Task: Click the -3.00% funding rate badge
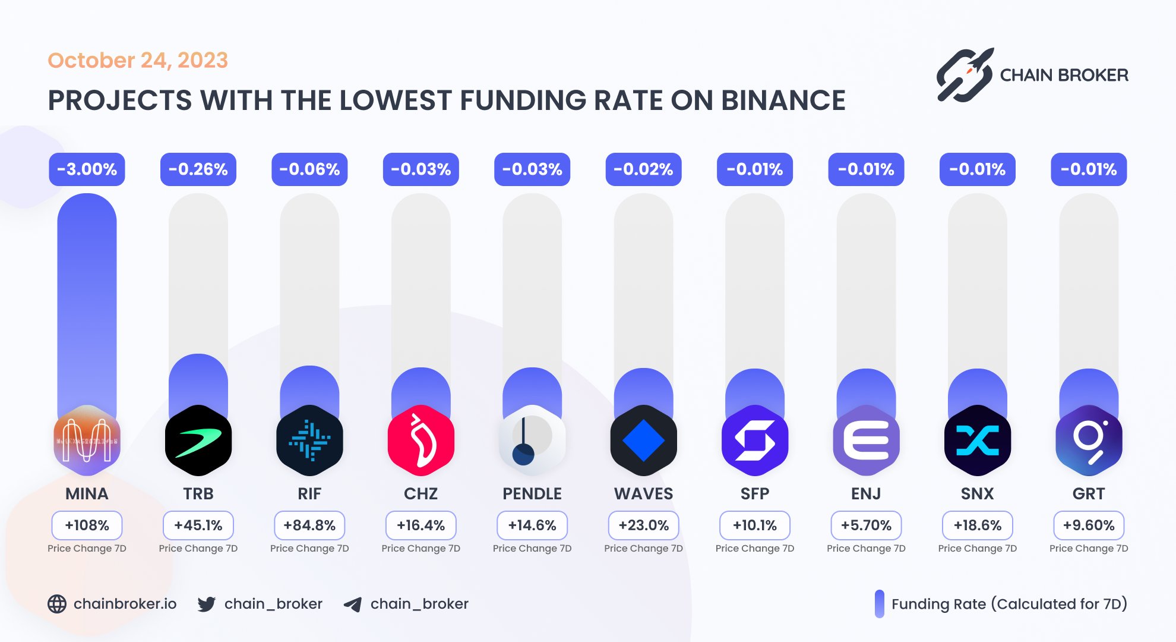(87, 169)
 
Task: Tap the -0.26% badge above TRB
(198, 169)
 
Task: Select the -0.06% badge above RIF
(309, 169)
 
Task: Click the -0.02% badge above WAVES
(643, 169)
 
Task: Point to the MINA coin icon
(87, 440)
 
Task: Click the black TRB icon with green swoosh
(198, 440)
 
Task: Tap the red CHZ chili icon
(421, 440)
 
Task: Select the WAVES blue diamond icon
(643, 440)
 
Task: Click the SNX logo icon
(977, 440)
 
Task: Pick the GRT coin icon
(1089, 440)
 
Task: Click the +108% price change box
(87, 525)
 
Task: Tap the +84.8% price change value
(309, 525)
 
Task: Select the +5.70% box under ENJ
(866, 525)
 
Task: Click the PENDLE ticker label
(532, 493)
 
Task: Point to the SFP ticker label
(755, 493)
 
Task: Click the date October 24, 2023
(138, 60)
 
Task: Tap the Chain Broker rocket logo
(965, 75)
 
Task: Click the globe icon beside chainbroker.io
(57, 604)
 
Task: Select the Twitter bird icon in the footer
(206, 604)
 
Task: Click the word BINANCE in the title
(783, 100)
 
